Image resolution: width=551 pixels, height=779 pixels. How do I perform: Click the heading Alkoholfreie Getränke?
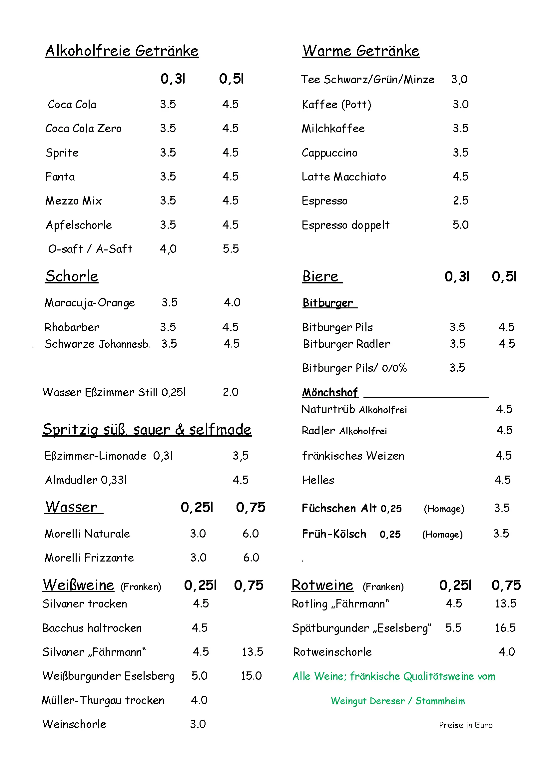[122, 51]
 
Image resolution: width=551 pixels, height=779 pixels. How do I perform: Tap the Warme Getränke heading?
[361, 51]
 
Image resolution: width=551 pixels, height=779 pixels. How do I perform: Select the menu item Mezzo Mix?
[74, 201]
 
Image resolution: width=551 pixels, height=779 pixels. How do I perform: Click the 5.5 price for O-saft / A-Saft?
[231, 249]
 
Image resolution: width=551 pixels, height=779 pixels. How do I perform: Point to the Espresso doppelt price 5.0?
[460, 225]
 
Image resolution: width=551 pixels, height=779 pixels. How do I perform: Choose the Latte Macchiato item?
[344, 177]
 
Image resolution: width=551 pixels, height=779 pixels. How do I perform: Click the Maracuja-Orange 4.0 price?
[232, 302]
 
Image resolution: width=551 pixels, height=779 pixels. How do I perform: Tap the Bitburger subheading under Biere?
[328, 303]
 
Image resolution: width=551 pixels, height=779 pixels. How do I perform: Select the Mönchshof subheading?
[330, 392]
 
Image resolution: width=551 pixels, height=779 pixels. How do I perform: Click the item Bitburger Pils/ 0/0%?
[354, 368]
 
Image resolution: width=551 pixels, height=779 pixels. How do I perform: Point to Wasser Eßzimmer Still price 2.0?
[231, 392]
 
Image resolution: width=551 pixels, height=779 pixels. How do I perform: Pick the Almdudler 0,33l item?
[86, 480]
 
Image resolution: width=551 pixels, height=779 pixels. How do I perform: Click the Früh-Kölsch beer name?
[334, 534]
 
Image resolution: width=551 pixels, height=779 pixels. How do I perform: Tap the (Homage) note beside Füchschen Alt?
[444, 509]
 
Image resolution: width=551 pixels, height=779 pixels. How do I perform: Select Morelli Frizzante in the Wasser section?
[89, 558]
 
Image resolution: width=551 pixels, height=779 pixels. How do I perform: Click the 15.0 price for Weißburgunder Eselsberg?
[251, 676]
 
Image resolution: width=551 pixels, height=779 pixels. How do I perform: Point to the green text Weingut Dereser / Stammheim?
[398, 701]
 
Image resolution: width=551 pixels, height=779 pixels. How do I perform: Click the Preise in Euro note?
[465, 725]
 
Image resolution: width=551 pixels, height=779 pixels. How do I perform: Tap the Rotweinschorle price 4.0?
[507, 652]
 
